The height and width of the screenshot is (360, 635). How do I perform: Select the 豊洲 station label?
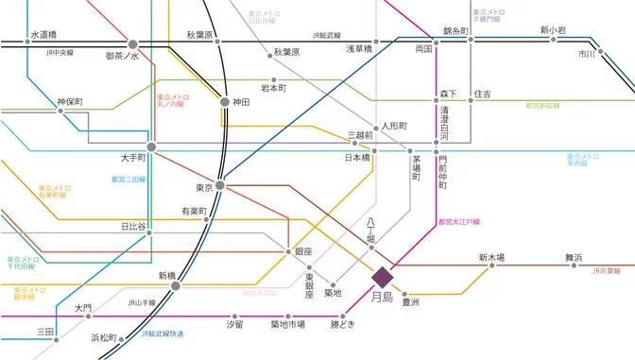(410, 302)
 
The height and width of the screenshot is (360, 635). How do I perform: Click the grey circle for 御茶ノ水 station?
(132, 43)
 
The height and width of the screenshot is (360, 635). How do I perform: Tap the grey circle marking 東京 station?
(219, 185)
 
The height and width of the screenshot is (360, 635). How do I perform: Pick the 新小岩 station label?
(553, 30)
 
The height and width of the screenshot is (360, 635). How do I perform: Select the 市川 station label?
(587, 55)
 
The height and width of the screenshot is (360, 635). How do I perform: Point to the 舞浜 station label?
(574, 257)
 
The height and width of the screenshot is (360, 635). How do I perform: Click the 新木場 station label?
(491, 257)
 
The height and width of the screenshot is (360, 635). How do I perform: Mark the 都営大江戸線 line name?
(459, 222)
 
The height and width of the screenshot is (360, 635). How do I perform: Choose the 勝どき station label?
(342, 324)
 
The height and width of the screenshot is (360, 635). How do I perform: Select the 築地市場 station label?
(287, 324)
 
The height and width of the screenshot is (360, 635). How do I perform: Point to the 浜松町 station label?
(104, 337)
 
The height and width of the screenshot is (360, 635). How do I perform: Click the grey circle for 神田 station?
(224, 101)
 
